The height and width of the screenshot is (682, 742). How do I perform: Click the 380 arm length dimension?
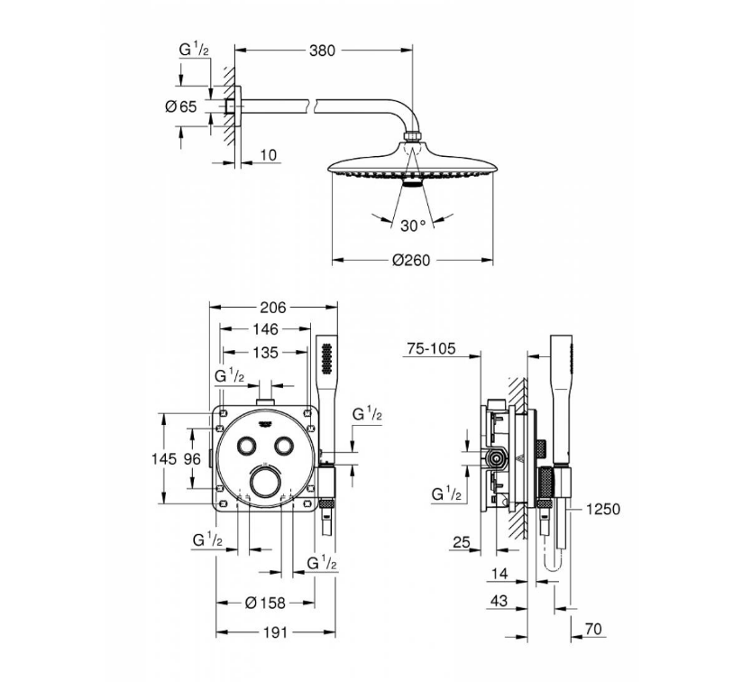click(x=322, y=51)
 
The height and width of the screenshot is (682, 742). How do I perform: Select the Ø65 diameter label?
click(x=181, y=106)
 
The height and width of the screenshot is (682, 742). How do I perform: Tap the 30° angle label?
click(x=413, y=226)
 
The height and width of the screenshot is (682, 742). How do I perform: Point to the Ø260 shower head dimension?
click(x=411, y=260)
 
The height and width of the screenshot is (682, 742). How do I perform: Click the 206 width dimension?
click(x=273, y=308)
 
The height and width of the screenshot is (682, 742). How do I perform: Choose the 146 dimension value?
click(x=265, y=329)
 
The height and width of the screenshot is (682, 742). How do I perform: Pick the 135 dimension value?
click(x=265, y=353)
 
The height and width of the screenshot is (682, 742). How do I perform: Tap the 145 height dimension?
click(x=164, y=458)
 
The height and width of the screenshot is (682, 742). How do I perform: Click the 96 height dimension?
click(x=193, y=458)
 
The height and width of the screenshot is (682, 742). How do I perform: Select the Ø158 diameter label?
click(x=265, y=603)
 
